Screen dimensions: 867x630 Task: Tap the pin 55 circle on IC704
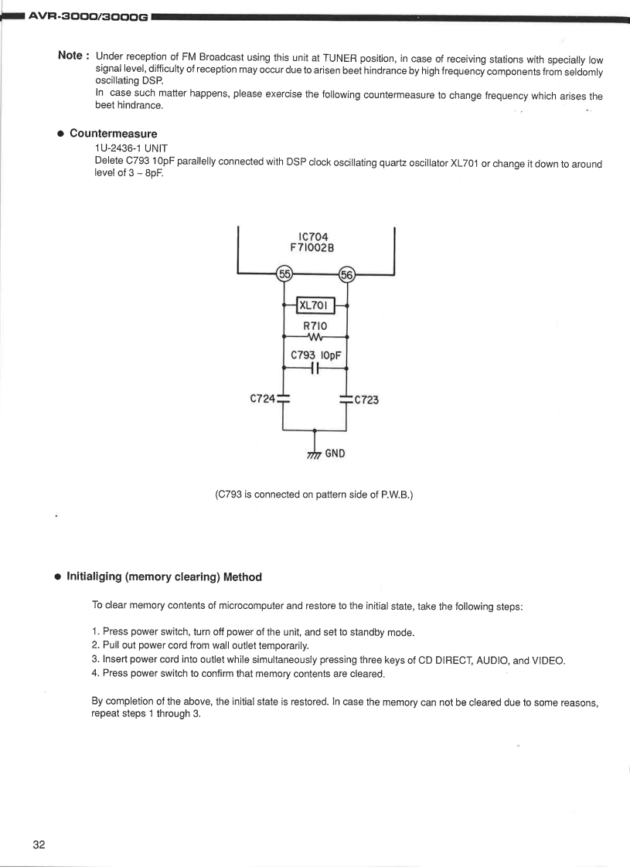tap(284, 274)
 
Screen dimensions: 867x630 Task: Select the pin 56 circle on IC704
tap(346, 274)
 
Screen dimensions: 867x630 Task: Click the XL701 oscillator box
tap(315, 306)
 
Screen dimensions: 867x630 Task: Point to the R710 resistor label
tap(315, 326)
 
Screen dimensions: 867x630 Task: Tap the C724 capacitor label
tap(262, 399)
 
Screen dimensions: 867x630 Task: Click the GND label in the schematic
tap(335, 453)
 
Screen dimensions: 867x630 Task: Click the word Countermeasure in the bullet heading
tap(113, 134)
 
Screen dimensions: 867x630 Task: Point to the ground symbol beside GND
tap(314, 454)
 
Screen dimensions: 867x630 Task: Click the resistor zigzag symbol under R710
tap(315, 338)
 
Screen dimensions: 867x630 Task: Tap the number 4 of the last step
tap(95, 674)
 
